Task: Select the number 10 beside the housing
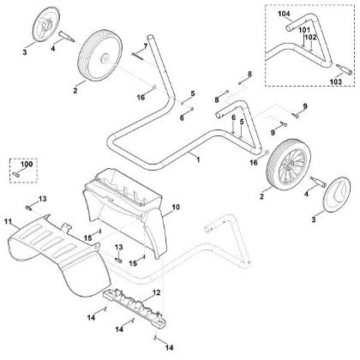[x=177, y=208]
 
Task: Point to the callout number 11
[x=9, y=221]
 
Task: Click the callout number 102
[x=309, y=37]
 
